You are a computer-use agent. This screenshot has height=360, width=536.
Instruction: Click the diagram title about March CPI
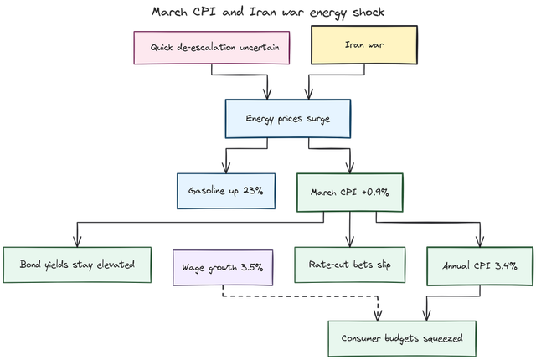(268, 12)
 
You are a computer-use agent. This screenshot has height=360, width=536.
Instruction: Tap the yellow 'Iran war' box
(365, 46)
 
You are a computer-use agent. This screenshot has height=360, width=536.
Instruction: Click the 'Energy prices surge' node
(287, 118)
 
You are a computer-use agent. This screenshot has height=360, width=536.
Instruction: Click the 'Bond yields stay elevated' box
(78, 265)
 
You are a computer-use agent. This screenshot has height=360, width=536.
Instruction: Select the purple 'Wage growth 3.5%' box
(223, 267)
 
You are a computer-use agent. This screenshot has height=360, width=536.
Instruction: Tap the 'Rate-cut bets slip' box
(349, 265)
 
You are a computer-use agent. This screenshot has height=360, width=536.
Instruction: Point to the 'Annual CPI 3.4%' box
(478, 265)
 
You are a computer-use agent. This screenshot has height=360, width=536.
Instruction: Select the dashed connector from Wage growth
(301, 296)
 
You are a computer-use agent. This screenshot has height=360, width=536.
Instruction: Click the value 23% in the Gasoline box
(254, 190)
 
